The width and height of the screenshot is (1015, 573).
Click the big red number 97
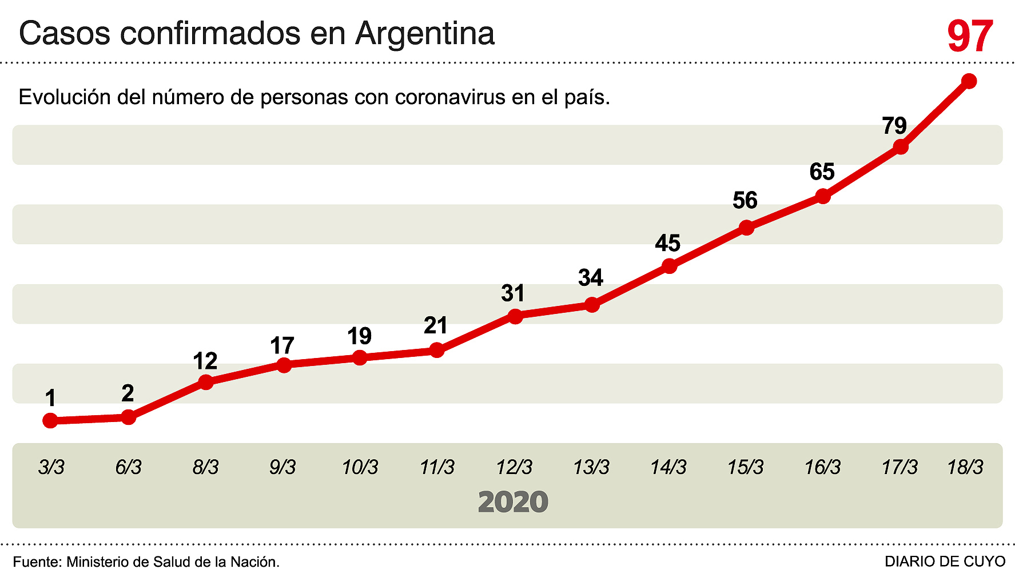[x=970, y=36]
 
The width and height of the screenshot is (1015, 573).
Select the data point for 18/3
[x=969, y=81]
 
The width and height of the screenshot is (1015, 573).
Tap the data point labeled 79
[x=901, y=147]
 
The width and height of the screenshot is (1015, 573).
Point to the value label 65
[x=822, y=172]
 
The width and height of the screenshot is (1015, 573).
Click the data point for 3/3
[x=50, y=421]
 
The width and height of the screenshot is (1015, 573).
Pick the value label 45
[x=667, y=244]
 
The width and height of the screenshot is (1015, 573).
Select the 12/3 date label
[x=514, y=467]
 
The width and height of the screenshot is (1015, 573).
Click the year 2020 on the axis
[x=513, y=502]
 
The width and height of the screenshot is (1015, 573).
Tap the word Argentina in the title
[x=425, y=33]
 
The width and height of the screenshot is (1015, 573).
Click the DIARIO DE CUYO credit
[x=945, y=562]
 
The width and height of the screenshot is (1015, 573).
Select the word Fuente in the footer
[x=35, y=562]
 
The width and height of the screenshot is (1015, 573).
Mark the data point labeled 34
[x=592, y=305]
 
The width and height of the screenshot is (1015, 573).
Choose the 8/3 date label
[x=205, y=467]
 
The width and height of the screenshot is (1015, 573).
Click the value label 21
[x=436, y=325]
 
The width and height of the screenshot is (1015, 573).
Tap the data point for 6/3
[x=129, y=417]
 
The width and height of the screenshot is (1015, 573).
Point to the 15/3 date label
[x=745, y=467]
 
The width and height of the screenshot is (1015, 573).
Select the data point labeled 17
[x=284, y=365]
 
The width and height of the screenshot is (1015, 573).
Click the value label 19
[x=359, y=336]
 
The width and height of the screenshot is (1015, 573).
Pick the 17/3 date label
[x=899, y=467]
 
